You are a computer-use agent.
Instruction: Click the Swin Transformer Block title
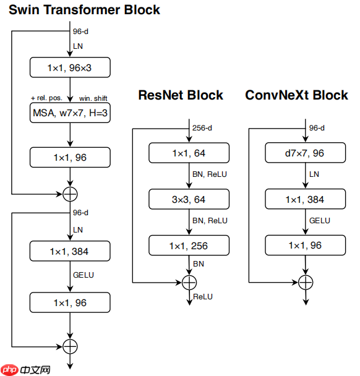(x=84, y=10)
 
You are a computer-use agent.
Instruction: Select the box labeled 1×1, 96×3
(x=70, y=67)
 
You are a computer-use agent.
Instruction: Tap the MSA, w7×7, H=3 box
(x=70, y=113)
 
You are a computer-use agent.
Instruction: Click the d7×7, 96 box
(x=306, y=153)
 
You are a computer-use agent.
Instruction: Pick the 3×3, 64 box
(x=189, y=199)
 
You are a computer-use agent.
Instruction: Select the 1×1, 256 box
(x=189, y=246)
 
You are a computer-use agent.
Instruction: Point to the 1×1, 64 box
(x=189, y=153)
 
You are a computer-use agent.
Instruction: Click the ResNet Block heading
(x=181, y=95)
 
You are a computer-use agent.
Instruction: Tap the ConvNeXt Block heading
(x=296, y=95)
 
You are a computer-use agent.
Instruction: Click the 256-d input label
(x=202, y=128)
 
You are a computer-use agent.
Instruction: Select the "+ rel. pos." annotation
(x=46, y=98)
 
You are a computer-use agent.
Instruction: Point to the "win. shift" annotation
(x=93, y=98)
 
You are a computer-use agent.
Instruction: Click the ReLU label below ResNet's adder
(x=203, y=297)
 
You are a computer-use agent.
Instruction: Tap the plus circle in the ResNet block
(x=189, y=283)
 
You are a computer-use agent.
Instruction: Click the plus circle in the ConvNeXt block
(x=306, y=283)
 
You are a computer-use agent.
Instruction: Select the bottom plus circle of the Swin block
(x=70, y=346)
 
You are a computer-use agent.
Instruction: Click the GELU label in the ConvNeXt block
(x=320, y=221)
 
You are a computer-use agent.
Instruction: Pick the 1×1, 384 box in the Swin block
(x=70, y=251)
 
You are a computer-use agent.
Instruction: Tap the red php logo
(x=9, y=370)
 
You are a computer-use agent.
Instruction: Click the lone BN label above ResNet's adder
(x=199, y=264)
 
